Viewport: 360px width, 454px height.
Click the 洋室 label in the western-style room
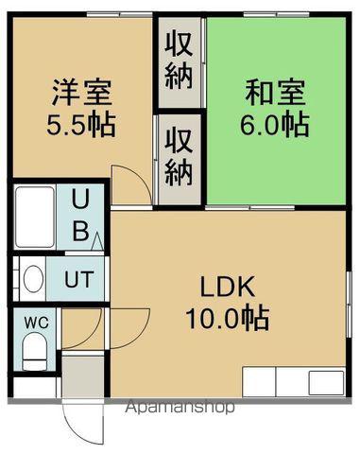click(82, 95)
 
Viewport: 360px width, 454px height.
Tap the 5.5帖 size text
click(82, 124)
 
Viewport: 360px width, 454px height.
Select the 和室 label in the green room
click(275, 95)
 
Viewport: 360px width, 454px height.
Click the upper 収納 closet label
click(179, 59)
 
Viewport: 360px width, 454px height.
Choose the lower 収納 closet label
click(179, 158)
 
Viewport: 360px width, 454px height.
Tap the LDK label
click(228, 287)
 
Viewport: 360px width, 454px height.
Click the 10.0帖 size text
click(227, 317)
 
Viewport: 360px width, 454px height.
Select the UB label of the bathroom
click(81, 215)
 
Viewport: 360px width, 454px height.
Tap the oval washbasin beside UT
click(33, 279)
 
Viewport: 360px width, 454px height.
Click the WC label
click(36, 321)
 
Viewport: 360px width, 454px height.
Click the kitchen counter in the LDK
click(294, 382)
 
